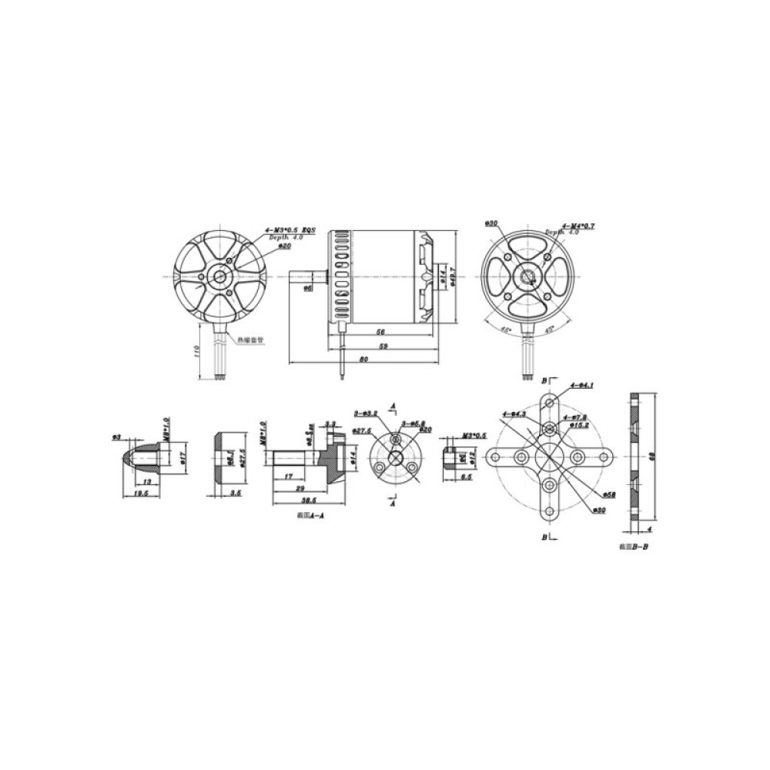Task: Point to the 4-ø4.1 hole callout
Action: [581, 385]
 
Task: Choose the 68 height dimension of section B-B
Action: [651, 457]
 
